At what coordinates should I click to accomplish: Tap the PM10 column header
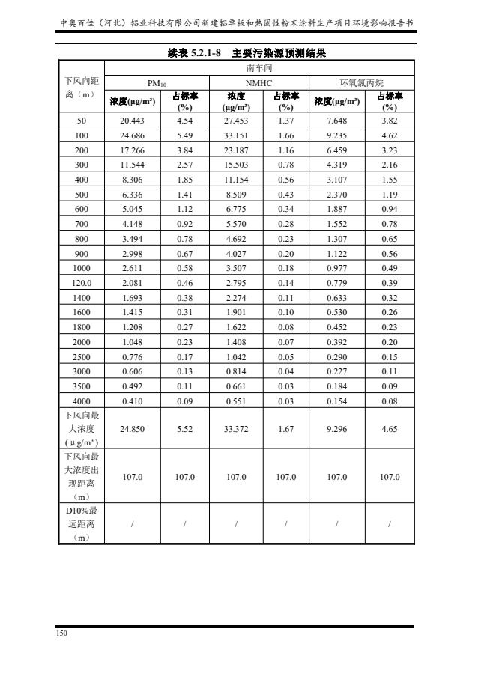(158, 82)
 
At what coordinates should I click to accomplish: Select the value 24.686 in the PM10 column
(132, 135)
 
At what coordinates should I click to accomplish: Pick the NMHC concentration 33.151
(236, 135)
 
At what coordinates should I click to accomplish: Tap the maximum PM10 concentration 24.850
(132, 429)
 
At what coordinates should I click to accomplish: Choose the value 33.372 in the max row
(236, 429)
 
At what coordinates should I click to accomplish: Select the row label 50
(82, 120)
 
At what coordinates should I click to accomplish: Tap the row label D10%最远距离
(82, 524)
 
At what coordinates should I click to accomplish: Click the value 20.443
(132, 120)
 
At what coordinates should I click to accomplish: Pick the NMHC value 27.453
(236, 120)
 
